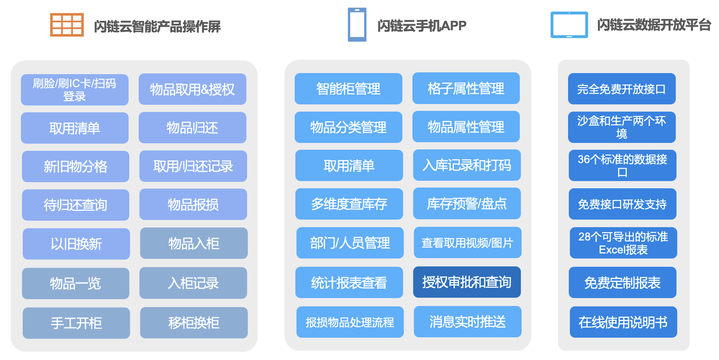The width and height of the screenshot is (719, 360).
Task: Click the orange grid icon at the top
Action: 67,25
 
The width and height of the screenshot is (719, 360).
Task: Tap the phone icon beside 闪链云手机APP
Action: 357,24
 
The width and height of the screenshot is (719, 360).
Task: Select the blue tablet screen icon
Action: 569,25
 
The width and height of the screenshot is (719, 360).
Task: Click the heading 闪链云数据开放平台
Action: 654,25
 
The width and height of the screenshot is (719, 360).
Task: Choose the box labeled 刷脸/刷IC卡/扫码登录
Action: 75,90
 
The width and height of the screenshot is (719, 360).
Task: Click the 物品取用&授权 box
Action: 192,89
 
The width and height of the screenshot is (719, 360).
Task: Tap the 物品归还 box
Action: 192,128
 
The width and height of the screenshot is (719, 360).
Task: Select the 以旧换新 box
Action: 76,244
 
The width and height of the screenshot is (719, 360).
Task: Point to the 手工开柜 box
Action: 76,323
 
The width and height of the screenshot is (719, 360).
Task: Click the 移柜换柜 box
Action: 194,323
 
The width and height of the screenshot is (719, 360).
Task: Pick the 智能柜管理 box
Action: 348,89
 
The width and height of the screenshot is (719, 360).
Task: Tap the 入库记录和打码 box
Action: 467,165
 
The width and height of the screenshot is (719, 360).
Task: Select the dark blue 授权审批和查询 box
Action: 467,282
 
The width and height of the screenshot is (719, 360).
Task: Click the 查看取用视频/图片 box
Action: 467,243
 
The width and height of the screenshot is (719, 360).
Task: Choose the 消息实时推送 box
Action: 467,321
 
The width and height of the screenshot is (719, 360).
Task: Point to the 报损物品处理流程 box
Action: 350,322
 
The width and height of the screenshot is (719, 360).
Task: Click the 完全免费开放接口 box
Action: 621,89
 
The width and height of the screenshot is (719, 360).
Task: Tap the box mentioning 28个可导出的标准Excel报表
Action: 623,243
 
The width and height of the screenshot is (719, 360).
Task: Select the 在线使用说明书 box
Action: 623,322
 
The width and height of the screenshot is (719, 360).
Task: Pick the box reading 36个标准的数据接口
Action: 622,165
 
